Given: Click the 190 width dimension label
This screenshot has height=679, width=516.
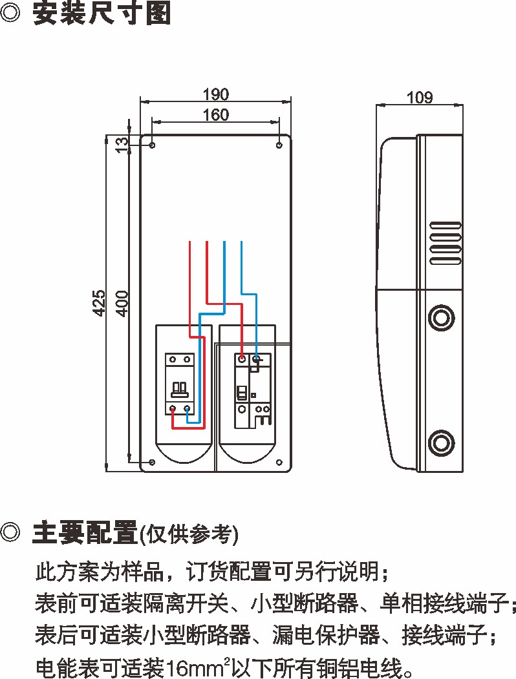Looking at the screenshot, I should [x=215, y=95].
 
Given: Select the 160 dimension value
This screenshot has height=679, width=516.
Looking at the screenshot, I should [x=215, y=115].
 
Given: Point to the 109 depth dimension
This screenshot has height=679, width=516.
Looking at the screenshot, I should [x=420, y=98].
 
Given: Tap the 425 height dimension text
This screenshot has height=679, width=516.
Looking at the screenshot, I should [x=99, y=302].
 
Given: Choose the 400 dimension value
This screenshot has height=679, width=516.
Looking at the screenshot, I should [x=121, y=302].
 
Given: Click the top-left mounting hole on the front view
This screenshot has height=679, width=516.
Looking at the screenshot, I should [x=152, y=145].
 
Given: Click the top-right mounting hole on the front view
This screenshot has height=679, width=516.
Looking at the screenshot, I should [x=279, y=145].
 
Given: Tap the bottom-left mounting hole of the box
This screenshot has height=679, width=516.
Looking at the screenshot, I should [x=152, y=462].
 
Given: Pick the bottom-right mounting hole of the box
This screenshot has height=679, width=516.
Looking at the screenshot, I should [x=279, y=462].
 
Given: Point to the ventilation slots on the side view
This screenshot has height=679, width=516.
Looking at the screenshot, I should [x=445, y=242].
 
